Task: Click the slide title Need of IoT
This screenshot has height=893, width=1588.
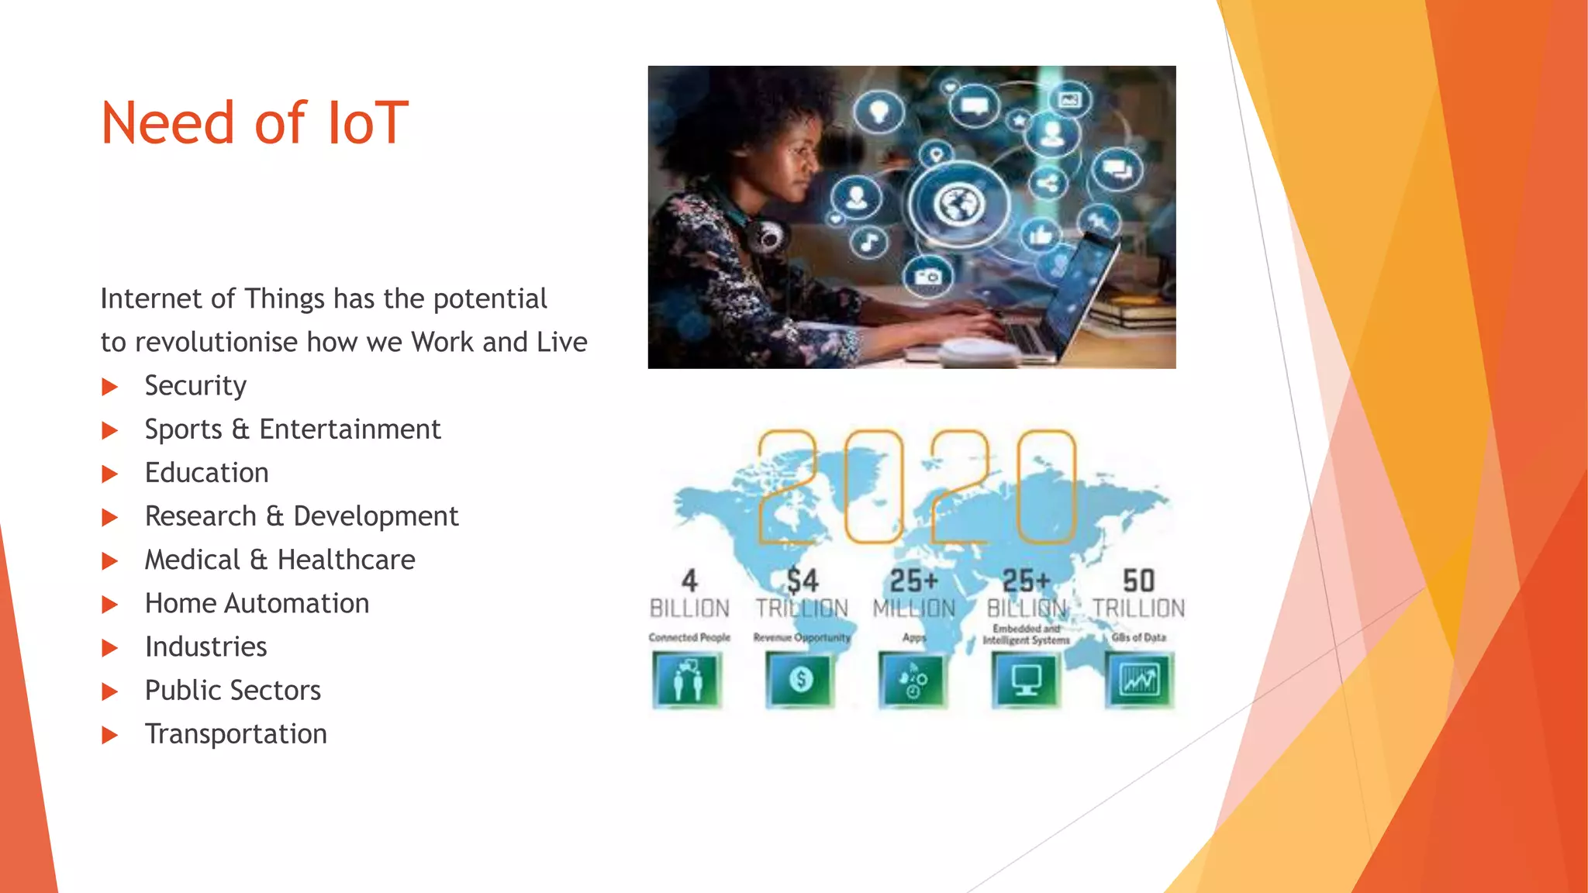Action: (x=254, y=124)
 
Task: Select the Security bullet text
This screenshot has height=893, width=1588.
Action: (x=195, y=386)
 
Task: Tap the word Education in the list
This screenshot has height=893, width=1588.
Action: (x=206, y=473)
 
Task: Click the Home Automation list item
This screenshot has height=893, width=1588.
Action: (x=257, y=603)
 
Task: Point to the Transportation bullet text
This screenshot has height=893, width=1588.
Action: (x=236, y=734)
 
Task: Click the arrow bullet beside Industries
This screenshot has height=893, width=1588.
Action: (x=110, y=648)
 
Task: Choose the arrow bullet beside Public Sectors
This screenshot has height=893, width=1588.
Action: (x=110, y=691)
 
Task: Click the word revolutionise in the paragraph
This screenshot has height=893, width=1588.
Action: (x=216, y=342)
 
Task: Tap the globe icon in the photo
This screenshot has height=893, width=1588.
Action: (x=960, y=205)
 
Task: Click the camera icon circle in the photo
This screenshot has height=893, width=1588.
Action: (x=928, y=276)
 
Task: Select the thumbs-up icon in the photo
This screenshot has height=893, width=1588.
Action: (x=1041, y=233)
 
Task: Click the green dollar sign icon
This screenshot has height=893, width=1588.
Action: (x=800, y=680)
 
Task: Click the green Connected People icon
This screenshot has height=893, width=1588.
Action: (x=687, y=680)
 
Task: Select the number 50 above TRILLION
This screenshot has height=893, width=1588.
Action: (x=1138, y=581)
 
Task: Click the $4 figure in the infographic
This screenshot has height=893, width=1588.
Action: (x=803, y=581)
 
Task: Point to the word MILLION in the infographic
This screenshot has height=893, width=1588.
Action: (x=914, y=609)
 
